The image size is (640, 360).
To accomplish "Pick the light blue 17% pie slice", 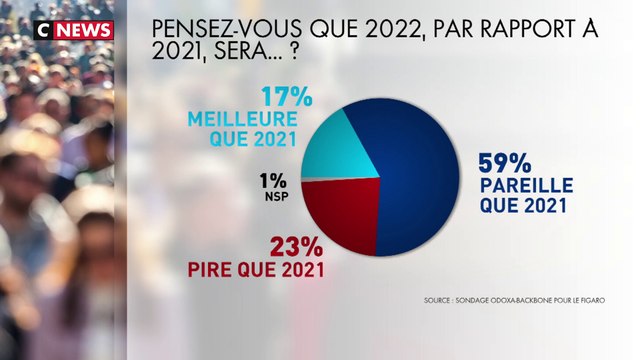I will click(335, 151).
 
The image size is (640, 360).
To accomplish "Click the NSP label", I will click(277, 198).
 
